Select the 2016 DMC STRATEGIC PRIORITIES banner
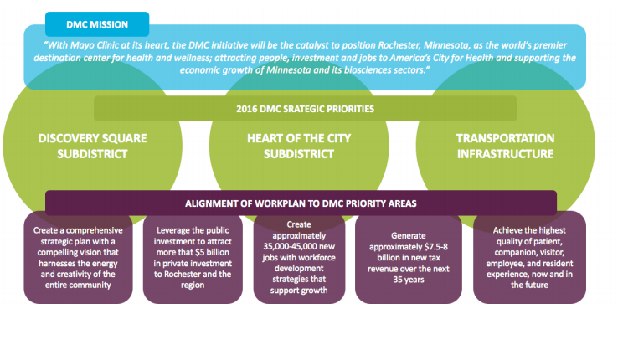click(304, 109)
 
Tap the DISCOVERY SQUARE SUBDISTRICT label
click(82, 146)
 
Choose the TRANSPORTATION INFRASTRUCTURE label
click(505, 146)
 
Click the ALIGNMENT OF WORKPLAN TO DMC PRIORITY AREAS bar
click(301, 203)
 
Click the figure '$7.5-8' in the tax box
click(431, 248)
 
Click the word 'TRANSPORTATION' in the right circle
click(505, 138)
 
